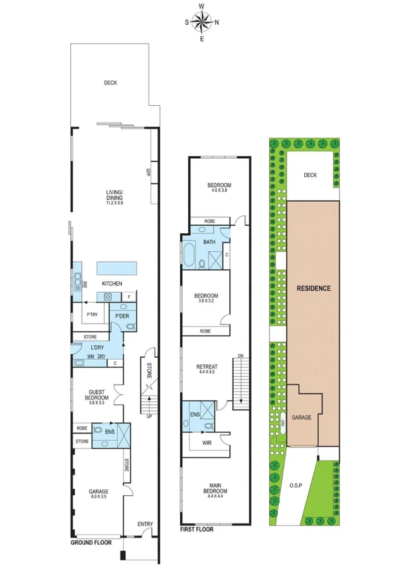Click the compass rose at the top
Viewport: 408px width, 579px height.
[201, 23]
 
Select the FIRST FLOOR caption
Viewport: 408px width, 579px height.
[196, 529]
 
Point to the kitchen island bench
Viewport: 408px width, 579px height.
[118, 267]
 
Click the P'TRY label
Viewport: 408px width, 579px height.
[92, 314]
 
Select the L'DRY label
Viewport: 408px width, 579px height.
[98, 347]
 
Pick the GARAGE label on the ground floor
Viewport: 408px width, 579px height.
[98, 493]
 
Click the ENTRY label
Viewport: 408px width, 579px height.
[145, 524]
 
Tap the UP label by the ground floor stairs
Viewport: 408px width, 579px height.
[149, 417]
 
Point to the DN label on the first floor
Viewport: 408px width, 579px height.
[239, 356]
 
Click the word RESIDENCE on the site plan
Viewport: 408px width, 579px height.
[312, 288]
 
